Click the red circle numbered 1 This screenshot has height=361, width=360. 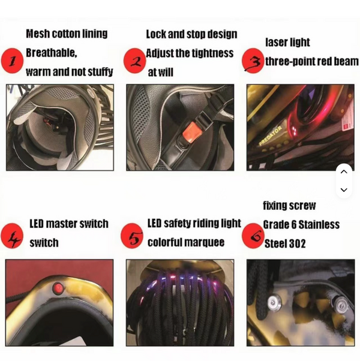[x=12, y=61]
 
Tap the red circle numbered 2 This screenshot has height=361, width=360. [x=135, y=61]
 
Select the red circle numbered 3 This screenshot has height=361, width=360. [x=253, y=61]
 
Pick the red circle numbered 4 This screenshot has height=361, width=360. [x=12, y=236]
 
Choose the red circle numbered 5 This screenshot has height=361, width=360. [x=132, y=236]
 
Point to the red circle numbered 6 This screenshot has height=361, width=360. [x=253, y=236]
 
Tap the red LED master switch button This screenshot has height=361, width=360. [x=58, y=288]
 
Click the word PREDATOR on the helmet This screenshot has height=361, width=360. [x=270, y=136]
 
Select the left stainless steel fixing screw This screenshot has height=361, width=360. [x=274, y=302]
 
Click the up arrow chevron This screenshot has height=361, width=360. [x=344, y=172]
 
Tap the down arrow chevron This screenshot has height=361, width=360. [x=344, y=190]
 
